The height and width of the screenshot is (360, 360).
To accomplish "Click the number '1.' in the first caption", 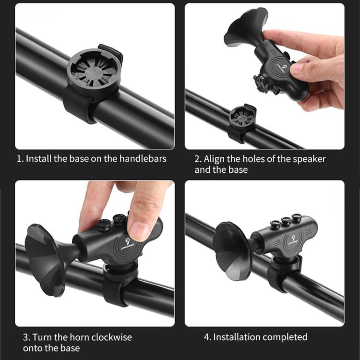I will click(x=20, y=159).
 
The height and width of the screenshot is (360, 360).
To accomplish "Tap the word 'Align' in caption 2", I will click(x=214, y=159).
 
